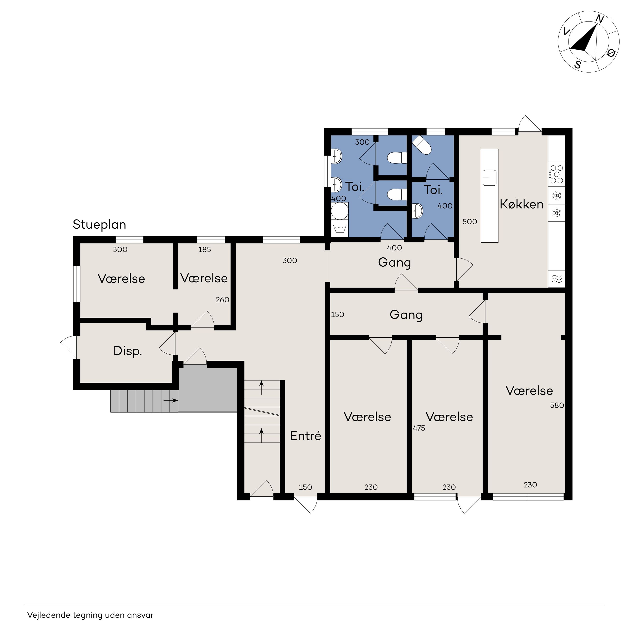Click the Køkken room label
[522, 204]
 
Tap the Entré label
[305, 436]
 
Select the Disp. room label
[128, 351]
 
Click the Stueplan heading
[99, 225]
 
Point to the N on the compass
[599, 20]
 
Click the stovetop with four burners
[557, 174]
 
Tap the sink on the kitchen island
[489, 178]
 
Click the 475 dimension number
[419, 428]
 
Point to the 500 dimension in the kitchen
[470, 222]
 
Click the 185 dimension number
[205, 250]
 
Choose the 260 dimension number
[223, 300]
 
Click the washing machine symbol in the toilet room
[340, 229]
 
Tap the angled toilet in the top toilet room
[422, 145]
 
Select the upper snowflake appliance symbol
[557, 196]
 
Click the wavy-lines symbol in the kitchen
[557, 279]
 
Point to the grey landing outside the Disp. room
[208, 390]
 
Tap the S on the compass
[578, 64]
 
